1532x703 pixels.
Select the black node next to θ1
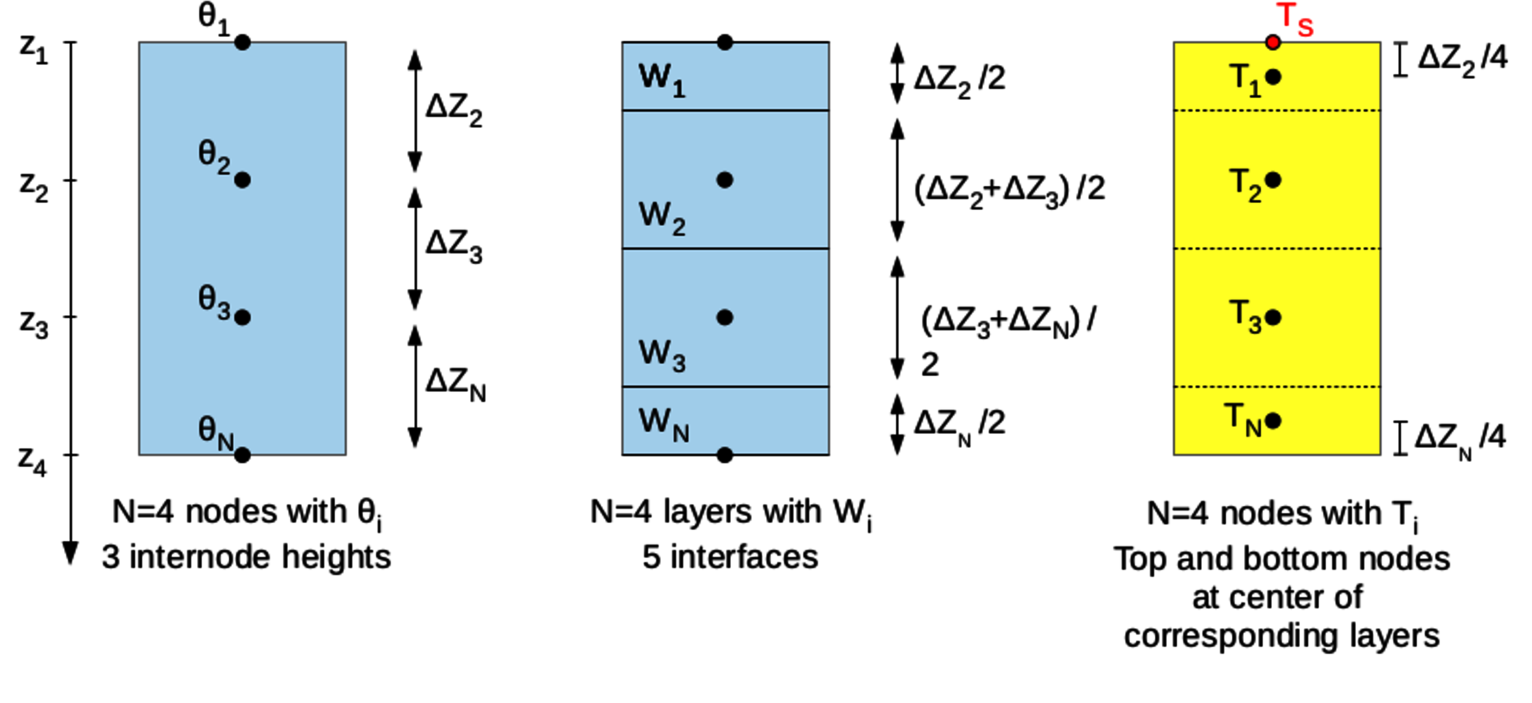pos(242,42)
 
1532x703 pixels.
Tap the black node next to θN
pos(242,455)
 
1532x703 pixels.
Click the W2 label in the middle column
pos(661,217)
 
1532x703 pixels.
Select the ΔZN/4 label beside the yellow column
pos(1460,439)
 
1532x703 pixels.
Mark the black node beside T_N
pos(1273,421)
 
